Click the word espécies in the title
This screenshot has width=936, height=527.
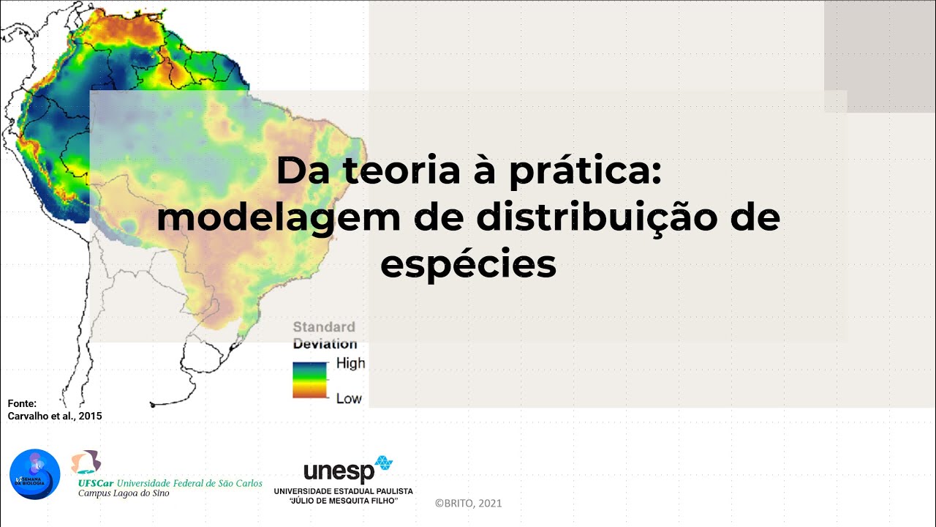tap(468, 265)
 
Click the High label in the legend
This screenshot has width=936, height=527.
tap(350, 363)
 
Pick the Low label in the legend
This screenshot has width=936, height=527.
tap(349, 399)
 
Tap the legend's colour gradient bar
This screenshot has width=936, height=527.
tap(310, 380)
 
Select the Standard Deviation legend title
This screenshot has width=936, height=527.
tap(325, 335)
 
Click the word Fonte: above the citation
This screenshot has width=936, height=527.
tap(22, 403)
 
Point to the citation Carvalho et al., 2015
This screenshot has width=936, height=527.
tap(55, 416)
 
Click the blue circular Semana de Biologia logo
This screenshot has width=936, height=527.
tap(34, 474)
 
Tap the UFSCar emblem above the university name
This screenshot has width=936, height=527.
tap(86, 462)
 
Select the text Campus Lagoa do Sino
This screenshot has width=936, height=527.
tap(124, 494)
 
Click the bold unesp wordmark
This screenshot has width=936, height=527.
tap(339, 473)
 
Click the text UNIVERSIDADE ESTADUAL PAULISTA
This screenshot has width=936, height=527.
tap(343, 490)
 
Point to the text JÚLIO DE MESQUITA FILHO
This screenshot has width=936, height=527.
tap(344, 501)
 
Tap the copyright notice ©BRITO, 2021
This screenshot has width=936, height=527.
tap(468, 504)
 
